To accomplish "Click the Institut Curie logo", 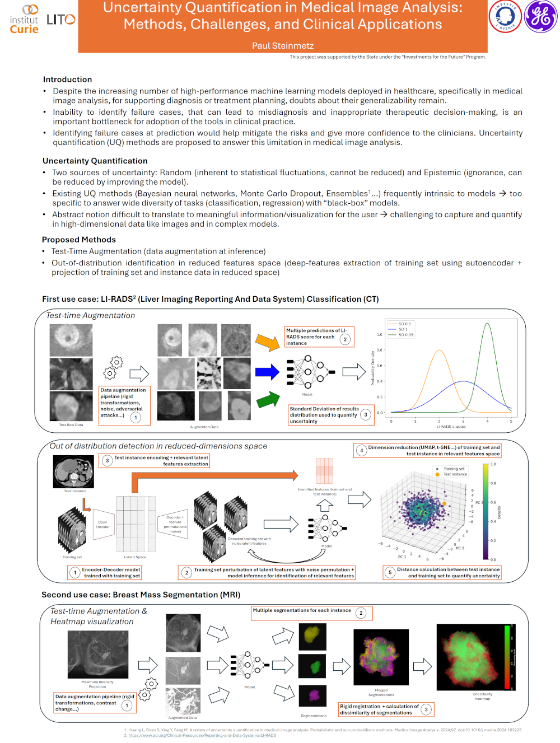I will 25,20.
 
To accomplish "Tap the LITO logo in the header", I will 60,20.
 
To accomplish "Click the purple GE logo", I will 540,16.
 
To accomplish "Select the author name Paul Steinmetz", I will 283,46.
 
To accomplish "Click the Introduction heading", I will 67,80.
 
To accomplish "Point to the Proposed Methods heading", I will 79,240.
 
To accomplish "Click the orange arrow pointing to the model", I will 267,342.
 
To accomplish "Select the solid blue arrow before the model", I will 267,372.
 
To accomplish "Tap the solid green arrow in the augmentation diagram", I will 268,400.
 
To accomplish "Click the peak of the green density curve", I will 487,324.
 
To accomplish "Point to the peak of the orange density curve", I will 440,351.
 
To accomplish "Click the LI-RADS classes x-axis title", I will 451,427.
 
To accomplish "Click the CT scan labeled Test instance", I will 73,472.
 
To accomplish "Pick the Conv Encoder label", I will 102,524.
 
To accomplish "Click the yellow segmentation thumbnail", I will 312,635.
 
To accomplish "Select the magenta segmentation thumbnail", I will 312,695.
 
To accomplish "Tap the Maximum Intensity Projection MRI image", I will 97,655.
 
